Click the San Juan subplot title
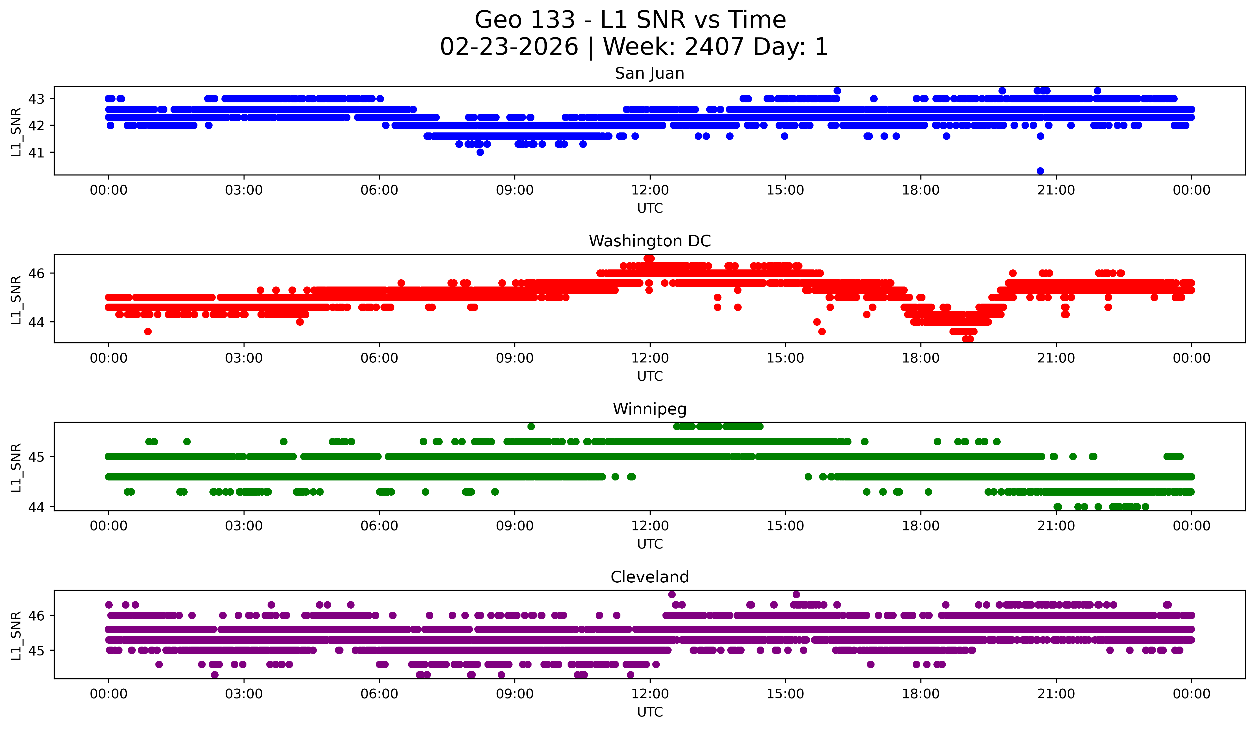tap(649, 73)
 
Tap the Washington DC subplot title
tap(649, 241)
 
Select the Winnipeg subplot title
tap(649, 409)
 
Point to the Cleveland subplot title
tap(649, 577)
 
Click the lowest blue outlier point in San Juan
tap(1040, 171)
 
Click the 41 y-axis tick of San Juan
tap(36, 152)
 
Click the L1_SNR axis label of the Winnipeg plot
tap(16, 467)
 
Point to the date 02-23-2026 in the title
tap(509, 47)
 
